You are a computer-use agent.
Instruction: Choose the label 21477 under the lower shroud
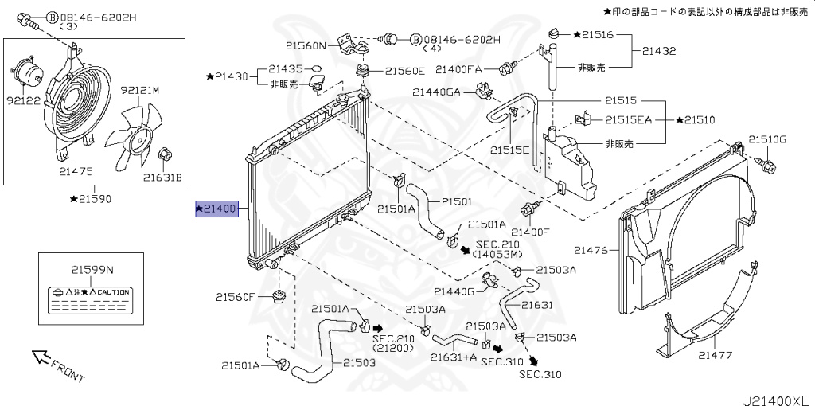pos(715,355)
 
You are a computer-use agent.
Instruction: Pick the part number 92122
pos(24,101)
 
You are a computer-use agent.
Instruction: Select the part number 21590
pos(92,197)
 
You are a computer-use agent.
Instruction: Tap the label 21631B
pos(163,177)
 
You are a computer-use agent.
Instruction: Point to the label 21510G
pos(766,139)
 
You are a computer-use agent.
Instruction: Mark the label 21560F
pos(235,297)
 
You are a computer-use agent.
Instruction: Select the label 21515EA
pos(628,119)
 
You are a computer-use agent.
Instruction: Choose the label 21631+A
pos(454,357)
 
